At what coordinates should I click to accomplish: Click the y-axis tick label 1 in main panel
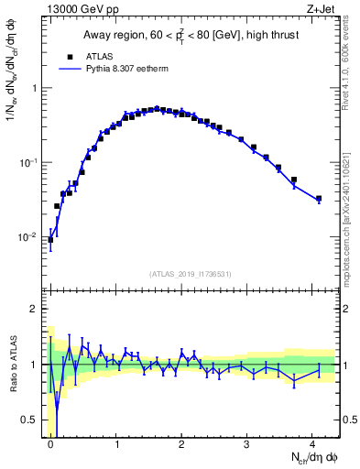click(36, 88)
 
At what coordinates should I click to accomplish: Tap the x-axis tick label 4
click(313, 443)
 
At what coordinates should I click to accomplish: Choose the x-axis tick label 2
click(181, 443)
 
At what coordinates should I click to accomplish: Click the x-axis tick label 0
click(50, 443)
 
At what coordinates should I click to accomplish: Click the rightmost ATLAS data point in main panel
click(319, 198)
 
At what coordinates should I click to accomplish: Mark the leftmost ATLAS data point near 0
click(50, 240)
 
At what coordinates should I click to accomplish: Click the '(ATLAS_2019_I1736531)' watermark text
click(190, 274)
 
